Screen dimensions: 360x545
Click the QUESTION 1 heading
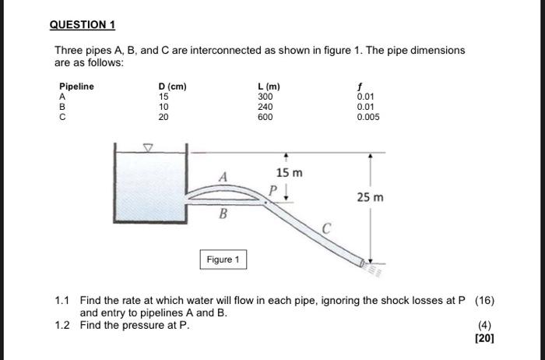tap(83, 24)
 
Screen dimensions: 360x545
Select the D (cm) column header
tap(172, 86)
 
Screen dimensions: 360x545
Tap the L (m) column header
tap(269, 86)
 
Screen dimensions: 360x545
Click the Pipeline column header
tap(76, 86)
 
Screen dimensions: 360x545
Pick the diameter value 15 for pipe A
tap(163, 97)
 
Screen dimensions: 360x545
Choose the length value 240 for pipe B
tap(265, 107)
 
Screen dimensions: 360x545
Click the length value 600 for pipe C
tap(265, 117)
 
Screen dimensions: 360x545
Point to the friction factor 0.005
tap(368, 117)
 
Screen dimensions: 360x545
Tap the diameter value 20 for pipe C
tap(163, 117)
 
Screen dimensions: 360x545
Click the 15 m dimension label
tap(289, 171)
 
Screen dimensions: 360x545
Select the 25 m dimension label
tap(370, 199)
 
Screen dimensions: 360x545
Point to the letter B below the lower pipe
tap(223, 214)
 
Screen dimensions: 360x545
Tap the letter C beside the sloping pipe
tap(328, 228)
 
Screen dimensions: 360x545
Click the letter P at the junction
tap(272, 189)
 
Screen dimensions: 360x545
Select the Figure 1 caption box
tap(223, 259)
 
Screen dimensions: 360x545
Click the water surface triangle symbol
tap(150, 146)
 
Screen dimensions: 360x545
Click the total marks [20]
tap(484, 338)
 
